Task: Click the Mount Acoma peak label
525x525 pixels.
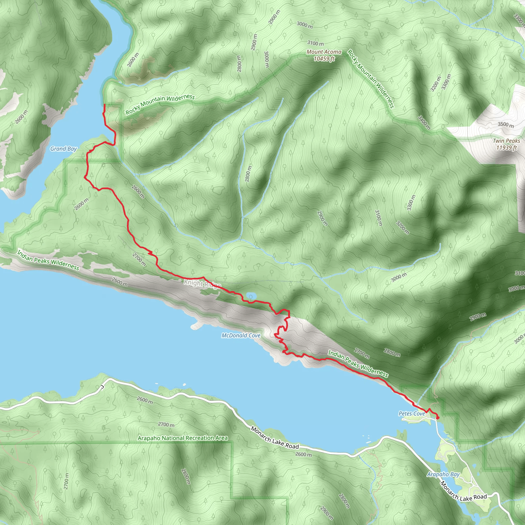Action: pos(324,52)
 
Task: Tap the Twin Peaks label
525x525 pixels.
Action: pos(506,141)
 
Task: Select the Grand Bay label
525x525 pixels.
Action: pos(64,149)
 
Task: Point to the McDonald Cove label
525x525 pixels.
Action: pos(241,336)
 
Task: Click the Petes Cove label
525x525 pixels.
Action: pos(412,413)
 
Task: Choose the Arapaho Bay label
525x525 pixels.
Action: pos(443,474)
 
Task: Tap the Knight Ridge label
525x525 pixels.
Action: pos(202,284)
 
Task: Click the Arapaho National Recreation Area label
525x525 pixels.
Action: pos(183,438)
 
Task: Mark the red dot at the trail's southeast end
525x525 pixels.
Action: pos(438,418)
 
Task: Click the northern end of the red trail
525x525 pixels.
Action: pos(105,105)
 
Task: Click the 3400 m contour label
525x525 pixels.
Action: pos(424,122)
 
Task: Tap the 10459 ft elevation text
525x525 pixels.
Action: pos(324,58)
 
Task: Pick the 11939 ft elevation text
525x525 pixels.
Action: pos(507,148)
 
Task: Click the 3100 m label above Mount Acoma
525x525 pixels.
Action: pos(316,43)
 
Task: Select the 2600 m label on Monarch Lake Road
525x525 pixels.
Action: pos(304,454)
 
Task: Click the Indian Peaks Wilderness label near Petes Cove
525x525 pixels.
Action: pos(358,364)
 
